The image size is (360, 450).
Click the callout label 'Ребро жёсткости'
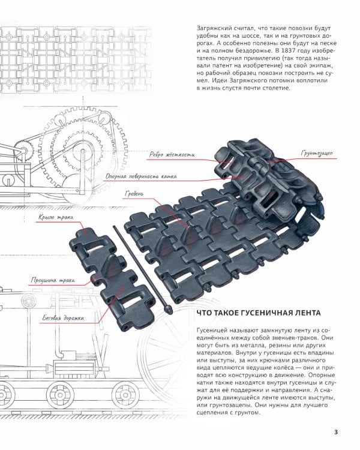pos(172,155)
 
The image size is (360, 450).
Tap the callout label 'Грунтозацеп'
pos(317,153)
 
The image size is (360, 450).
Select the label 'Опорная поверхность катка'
pos(141,176)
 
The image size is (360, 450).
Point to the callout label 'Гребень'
pos(134,194)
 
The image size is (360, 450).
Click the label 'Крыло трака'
pos(56,217)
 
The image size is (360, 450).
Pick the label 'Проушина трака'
pos(53,280)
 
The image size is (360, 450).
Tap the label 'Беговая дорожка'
pos(63,318)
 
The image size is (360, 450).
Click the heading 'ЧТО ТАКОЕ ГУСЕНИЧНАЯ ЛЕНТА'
pos(259,313)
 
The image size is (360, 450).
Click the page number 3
pos(336,432)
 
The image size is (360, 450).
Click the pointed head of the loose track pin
pos(167,310)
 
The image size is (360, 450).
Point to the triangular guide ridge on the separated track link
pos(110,264)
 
